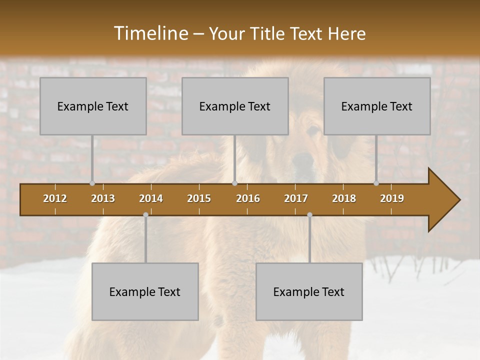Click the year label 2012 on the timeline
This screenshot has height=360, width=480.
click(x=55, y=198)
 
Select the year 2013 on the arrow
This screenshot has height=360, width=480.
click(x=103, y=198)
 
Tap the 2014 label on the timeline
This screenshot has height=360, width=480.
click(x=151, y=198)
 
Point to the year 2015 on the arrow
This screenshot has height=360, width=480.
click(x=199, y=198)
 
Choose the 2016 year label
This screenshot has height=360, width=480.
click(x=248, y=198)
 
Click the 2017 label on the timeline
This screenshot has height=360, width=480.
click(x=296, y=198)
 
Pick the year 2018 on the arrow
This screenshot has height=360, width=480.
click(x=344, y=198)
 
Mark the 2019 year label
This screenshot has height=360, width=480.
click(x=392, y=198)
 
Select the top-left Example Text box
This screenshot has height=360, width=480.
click(x=93, y=106)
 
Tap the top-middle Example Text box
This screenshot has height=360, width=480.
click(x=235, y=106)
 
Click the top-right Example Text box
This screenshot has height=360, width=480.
click(x=377, y=106)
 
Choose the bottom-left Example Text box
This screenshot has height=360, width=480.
click(x=145, y=292)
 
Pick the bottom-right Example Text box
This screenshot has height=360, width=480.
click(x=309, y=292)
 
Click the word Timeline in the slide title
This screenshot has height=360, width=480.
click(x=150, y=33)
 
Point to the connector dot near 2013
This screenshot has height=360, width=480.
click(x=92, y=183)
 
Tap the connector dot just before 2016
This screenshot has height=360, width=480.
click(x=234, y=183)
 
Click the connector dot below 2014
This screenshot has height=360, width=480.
click(x=145, y=215)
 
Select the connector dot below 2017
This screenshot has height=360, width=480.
click(x=309, y=215)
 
